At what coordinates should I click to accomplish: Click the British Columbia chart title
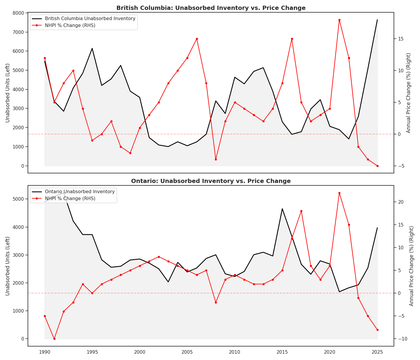(211, 8)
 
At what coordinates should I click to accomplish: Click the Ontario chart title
(211, 181)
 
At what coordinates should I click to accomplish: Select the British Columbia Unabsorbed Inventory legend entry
(90, 19)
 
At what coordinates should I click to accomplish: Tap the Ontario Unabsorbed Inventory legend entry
(79, 192)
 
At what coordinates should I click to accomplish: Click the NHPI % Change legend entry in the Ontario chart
(70, 199)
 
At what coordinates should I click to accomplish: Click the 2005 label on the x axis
(187, 352)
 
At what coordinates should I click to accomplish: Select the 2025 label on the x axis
(377, 352)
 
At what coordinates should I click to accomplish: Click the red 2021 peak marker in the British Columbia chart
(339, 20)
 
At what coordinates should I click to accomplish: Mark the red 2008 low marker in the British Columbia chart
(216, 159)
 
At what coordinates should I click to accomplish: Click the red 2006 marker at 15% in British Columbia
(197, 39)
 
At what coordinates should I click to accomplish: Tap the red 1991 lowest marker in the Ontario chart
(54, 339)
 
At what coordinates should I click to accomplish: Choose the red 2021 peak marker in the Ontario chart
(339, 193)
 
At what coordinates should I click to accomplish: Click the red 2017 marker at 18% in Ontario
(301, 211)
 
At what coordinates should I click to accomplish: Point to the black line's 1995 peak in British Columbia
(92, 48)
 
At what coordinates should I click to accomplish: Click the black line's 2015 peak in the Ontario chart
(282, 208)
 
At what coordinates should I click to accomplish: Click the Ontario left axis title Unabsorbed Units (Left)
(8, 266)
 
